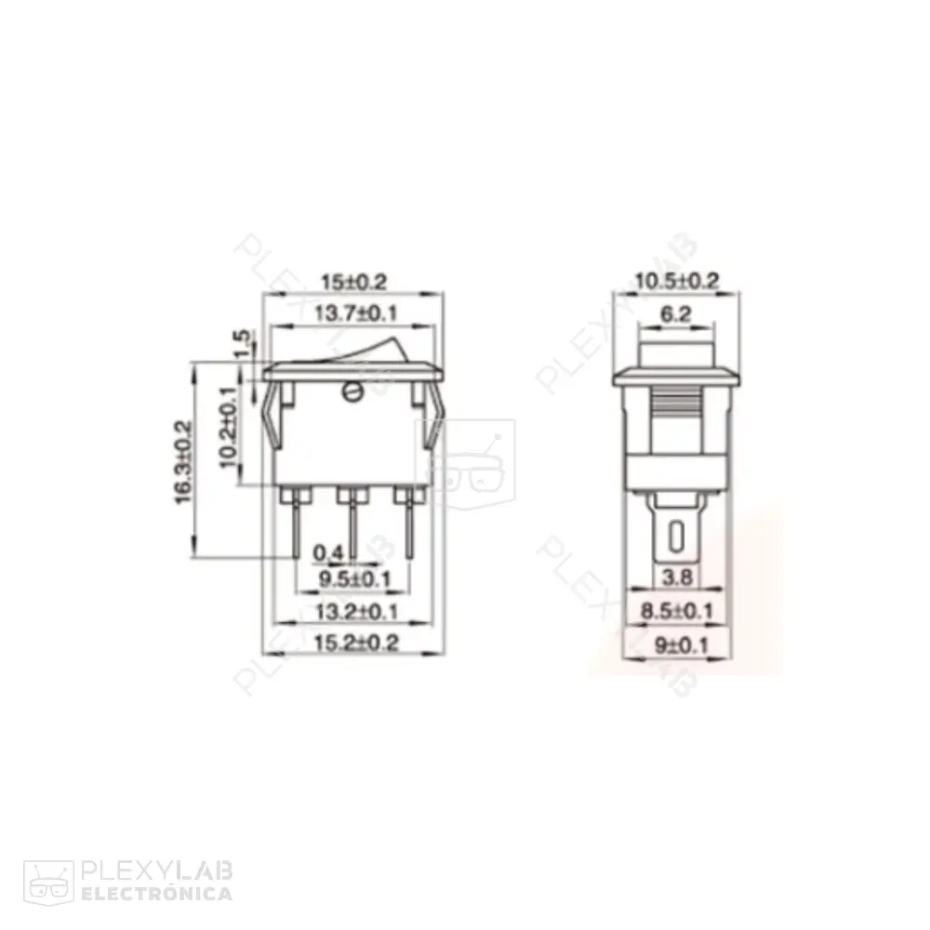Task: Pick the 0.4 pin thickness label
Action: [327, 554]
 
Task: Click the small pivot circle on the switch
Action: [352, 392]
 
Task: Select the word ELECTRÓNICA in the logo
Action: [157, 894]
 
